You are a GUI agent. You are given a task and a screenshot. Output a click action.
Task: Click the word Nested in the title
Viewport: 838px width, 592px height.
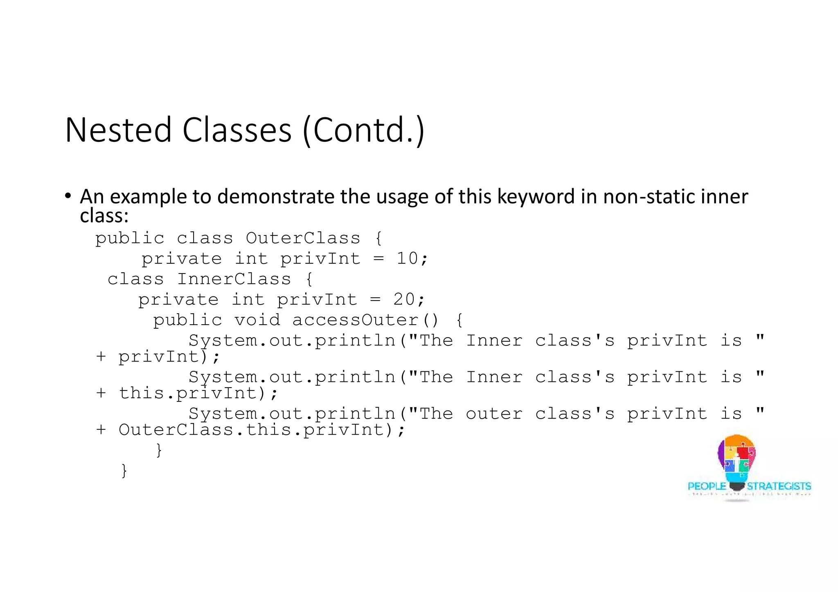[x=118, y=130]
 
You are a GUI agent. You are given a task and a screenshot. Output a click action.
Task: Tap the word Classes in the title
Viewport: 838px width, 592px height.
[x=237, y=130]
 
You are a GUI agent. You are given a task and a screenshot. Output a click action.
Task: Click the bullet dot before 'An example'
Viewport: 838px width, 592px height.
[x=68, y=195]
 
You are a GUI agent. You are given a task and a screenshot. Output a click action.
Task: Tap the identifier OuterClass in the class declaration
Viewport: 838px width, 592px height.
[x=303, y=238]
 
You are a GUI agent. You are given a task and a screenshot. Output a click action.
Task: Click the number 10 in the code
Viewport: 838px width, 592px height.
[x=407, y=258]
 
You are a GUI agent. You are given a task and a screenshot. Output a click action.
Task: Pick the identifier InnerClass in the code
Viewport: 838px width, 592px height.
[x=234, y=279]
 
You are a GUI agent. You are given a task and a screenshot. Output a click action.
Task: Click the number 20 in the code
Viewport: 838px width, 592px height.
[x=404, y=300]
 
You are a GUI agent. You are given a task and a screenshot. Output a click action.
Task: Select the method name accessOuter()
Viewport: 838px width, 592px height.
[x=365, y=320]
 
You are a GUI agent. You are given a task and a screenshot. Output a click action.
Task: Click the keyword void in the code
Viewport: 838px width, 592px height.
[x=257, y=320]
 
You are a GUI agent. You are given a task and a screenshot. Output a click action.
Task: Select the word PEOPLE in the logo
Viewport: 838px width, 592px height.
[x=707, y=486]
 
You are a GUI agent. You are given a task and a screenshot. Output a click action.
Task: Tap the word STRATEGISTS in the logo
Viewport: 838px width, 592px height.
[x=779, y=486]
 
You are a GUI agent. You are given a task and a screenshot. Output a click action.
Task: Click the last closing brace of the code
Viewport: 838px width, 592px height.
[x=124, y=470]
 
